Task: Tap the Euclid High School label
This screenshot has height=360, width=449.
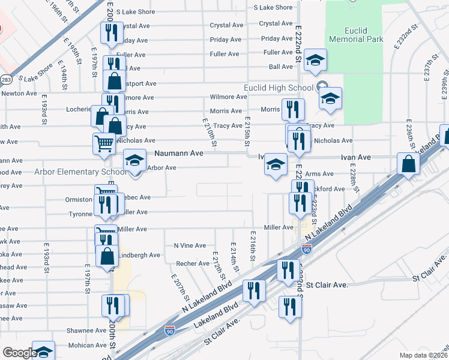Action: [278, 88]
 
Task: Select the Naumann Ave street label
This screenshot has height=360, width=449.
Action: [179, 154]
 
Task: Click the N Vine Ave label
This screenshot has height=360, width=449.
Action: [190, 245]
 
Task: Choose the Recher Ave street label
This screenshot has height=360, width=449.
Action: [192, 263]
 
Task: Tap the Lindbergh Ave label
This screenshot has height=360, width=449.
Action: [139, 255]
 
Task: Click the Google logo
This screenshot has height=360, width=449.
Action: [19, 353]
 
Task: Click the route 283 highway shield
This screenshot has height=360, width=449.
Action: [6, 79]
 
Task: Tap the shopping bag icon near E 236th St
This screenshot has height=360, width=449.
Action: [408, 163]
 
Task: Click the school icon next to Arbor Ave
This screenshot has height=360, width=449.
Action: [135, 160]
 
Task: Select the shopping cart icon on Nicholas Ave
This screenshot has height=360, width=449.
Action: [104, 144]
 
